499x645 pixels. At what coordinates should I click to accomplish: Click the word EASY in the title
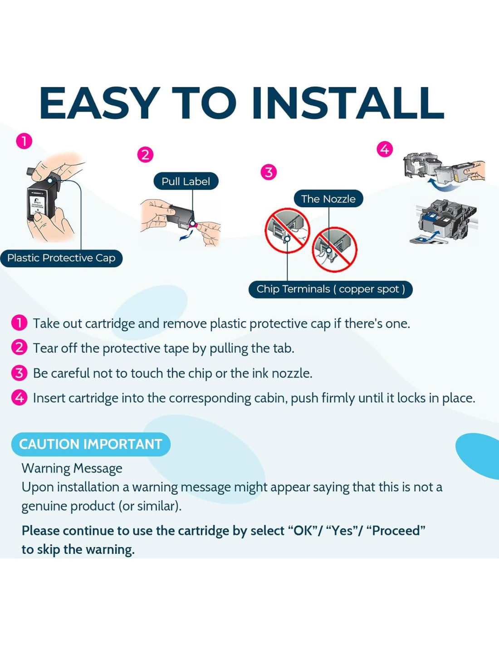click(x=98, y=103)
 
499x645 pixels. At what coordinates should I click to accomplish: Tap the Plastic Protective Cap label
click(x=61, y=258)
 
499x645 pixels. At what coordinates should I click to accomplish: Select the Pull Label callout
click(x=186, y=181)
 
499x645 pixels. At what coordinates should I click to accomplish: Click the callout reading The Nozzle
click(x=328, y=199)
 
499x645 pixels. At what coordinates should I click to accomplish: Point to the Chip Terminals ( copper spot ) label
click(x=331, y=289)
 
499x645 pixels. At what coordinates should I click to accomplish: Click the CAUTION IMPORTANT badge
click(x=91, y=445)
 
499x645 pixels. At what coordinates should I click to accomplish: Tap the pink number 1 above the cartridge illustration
click(x=24, y=141)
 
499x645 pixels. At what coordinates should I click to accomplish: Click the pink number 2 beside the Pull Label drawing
click(x=145, y=155)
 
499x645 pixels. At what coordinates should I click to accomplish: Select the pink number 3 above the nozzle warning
click(x=269, y=172)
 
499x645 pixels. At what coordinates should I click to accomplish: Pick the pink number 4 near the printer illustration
click(x=385, y=149)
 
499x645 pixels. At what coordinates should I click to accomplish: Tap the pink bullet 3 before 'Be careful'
click(x=20, y=373)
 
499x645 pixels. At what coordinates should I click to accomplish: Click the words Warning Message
click(x=72, y=469)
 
